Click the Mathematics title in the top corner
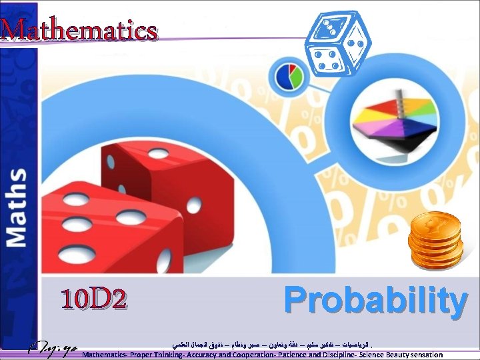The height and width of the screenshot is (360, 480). click(79, 30)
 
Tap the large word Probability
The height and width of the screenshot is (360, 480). click(375, 301)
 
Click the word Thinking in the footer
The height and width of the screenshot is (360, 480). click(160, 355)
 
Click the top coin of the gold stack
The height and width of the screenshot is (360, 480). click(435, 223)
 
